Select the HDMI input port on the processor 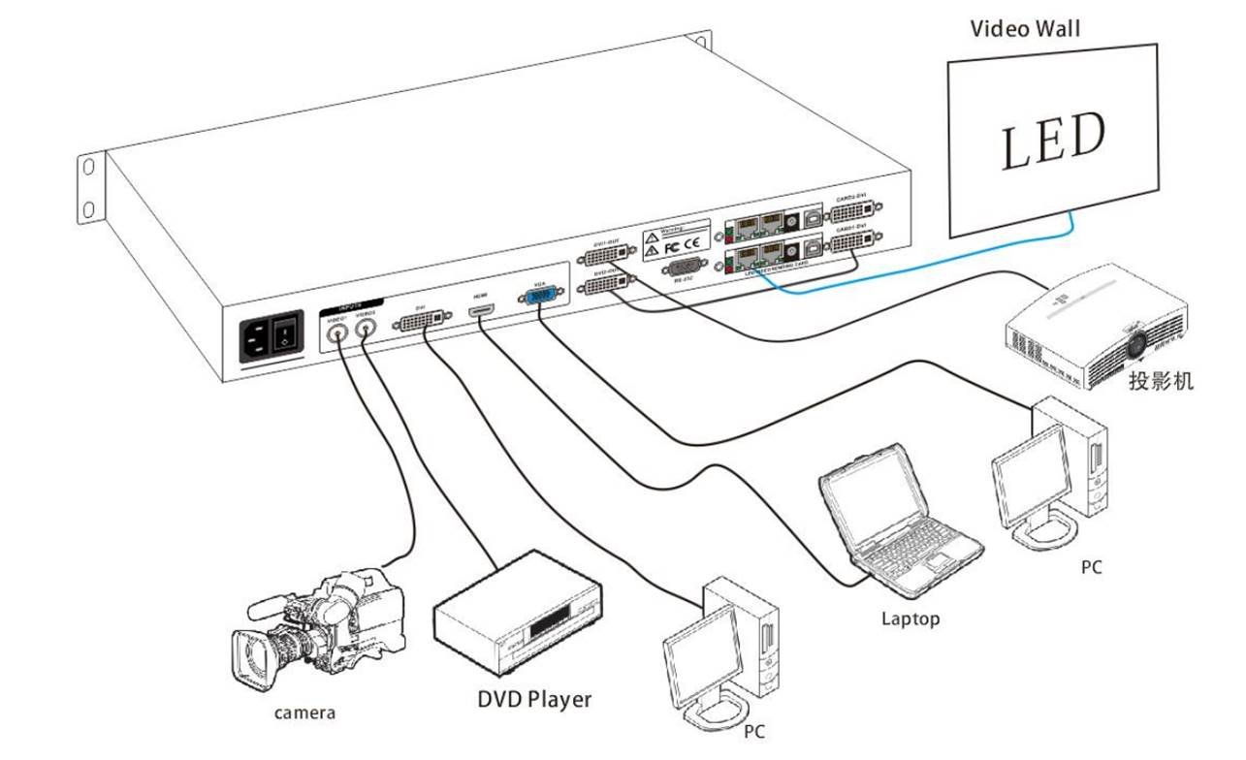481,310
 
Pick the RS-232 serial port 685,269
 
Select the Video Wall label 1025,28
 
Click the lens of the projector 1135,341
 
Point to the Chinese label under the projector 1161,380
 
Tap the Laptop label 910,617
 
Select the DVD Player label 533,699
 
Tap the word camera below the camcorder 304,713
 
